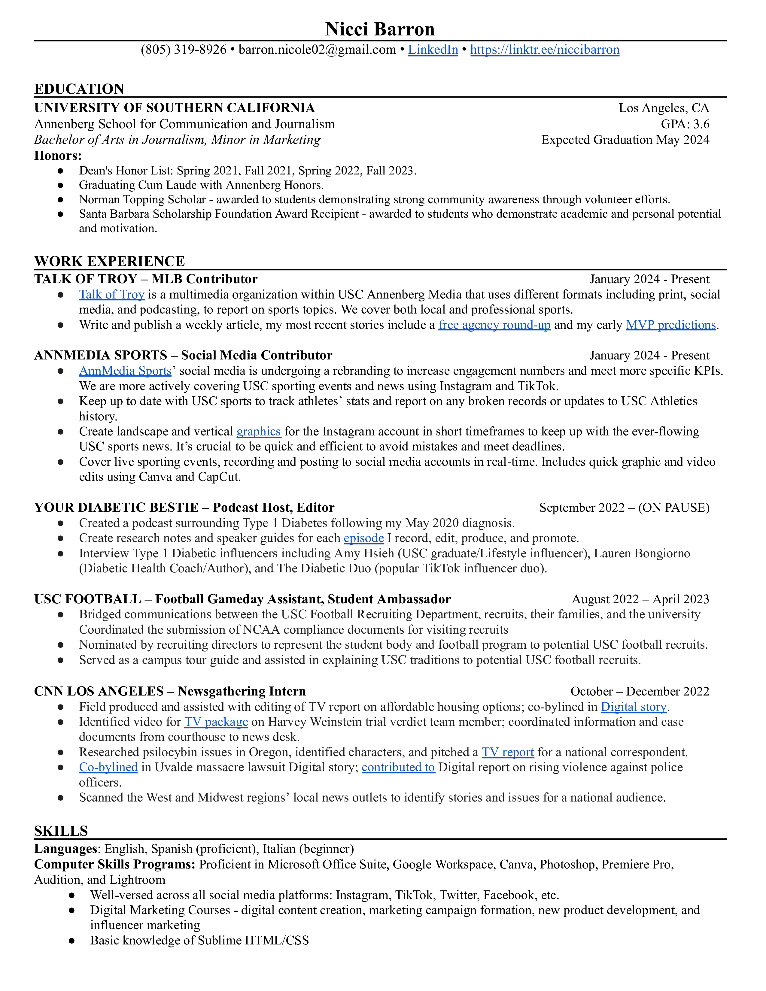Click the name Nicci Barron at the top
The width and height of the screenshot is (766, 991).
(x=380, y=29)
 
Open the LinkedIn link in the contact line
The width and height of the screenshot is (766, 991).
(x=433, y=50)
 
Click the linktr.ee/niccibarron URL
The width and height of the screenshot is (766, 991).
(x=545, y=50)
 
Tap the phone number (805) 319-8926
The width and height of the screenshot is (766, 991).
(x=183, y=50)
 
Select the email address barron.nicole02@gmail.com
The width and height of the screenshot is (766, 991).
(x=317, y=50)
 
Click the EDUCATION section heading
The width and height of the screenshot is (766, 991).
(x=79, y=89)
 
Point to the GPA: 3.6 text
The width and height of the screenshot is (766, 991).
(x=685, y=124)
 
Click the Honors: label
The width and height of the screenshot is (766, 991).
(x=58, y=156)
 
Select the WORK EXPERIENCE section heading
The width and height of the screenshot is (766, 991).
(x=109, y=261)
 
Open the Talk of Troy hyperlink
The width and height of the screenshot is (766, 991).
(x=112, y=295)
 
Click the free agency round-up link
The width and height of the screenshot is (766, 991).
(x=494, y=325)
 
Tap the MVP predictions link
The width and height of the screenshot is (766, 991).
(x=671, y=325)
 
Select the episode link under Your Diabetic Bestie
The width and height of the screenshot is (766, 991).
(x=364, y=538)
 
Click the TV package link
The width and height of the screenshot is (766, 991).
(x=216, y=722)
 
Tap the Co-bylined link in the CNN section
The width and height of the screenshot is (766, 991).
(x=108, y=767)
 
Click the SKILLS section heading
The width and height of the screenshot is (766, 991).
(x=61, y=831)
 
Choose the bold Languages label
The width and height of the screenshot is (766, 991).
(x=65, y=849)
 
